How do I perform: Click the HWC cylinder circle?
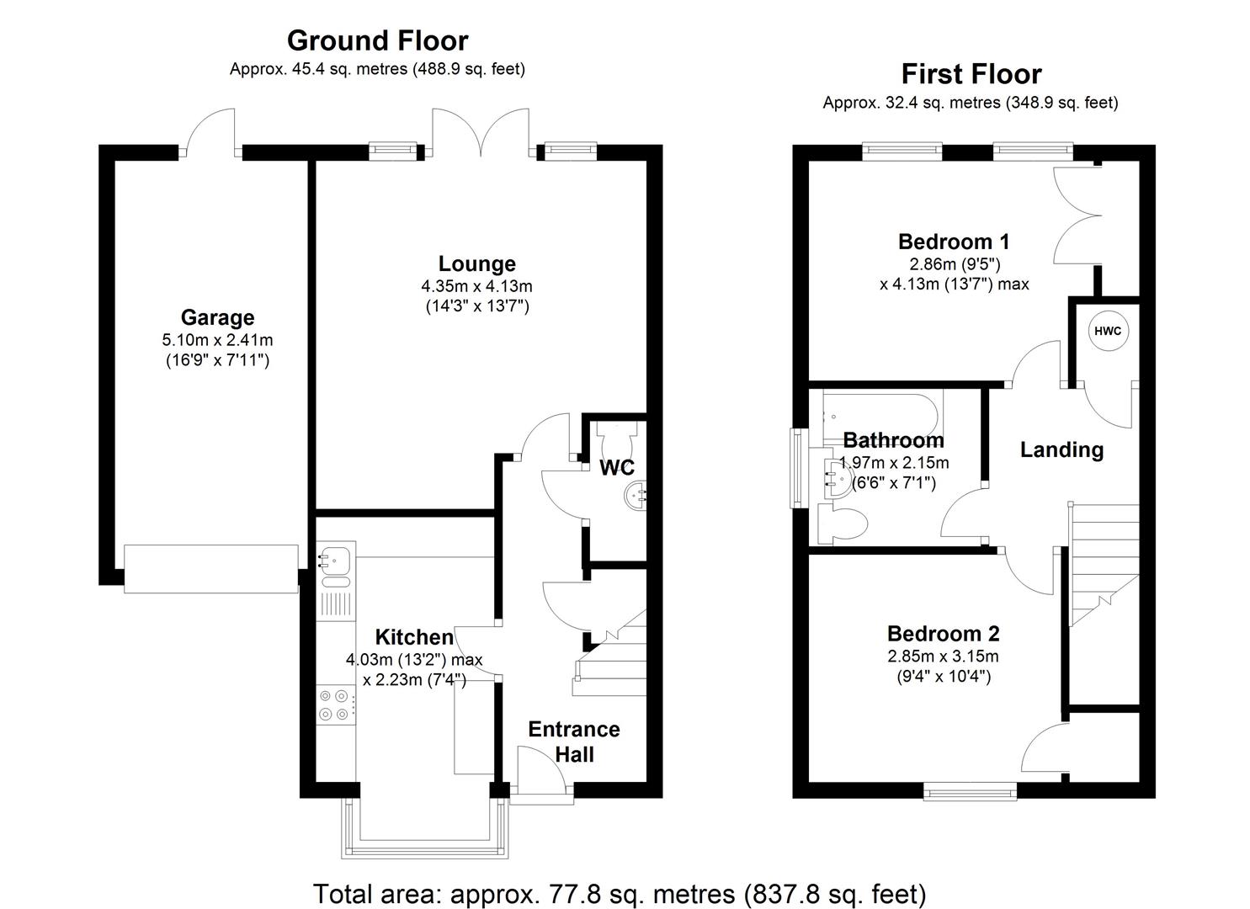tap(1108, 331)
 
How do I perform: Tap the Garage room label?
tap(217, 317)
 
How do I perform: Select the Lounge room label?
tap(476, 263)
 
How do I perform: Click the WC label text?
tap(617, 467)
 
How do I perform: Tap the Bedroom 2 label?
tap(943, 633)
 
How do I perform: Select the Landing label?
tap(1061, 449)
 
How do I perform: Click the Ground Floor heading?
tap(377, 40)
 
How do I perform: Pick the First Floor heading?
tap(971, 74)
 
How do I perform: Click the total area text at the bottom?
tap(620, 893)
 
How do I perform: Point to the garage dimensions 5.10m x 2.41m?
tap(217, 341)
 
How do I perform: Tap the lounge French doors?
tap(481, 135)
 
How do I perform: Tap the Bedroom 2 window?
tap(970, 790)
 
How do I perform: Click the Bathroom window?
tap(795, 468)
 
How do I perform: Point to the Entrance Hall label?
tap(574, 742)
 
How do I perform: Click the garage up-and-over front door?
tap(210, 568)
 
